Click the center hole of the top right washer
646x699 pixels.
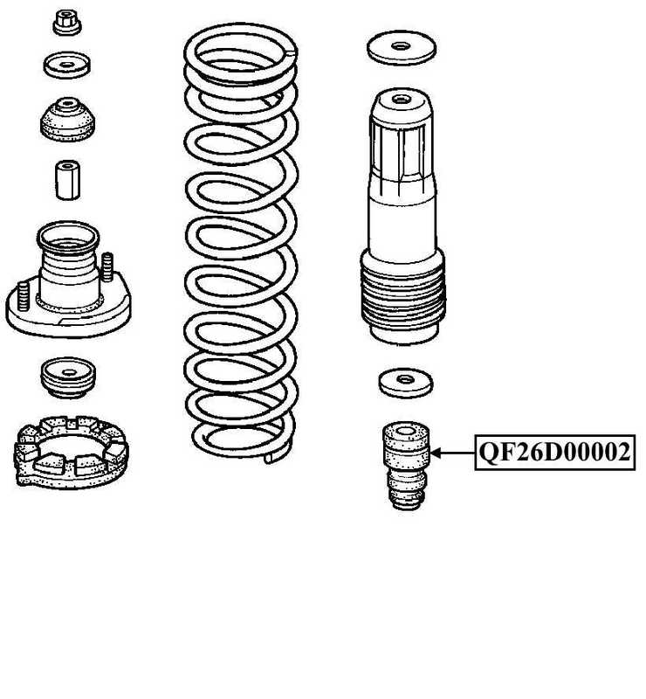(x=402, y=45)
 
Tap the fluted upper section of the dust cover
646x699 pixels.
(x=402, y=149)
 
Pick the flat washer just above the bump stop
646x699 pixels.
(x=406, y=382)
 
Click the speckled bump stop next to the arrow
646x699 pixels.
(x=406, y=463)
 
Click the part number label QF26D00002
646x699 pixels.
(x=554, y=453)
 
